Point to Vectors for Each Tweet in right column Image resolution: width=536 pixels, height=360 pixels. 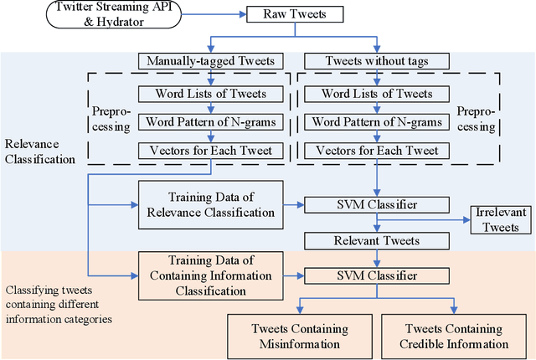pos(377,152)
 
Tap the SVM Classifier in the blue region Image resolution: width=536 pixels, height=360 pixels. pos(377,204)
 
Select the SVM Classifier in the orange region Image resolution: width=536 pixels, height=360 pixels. pos(377,275)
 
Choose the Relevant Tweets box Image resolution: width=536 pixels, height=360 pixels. pos(377,241)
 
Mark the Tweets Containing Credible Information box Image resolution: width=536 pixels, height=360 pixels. pos(454,337)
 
